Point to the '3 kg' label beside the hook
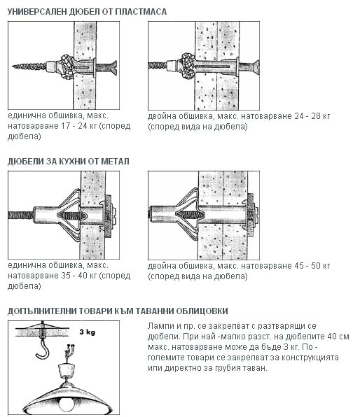[x=88, y=332]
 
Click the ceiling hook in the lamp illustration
[x=43, y=348]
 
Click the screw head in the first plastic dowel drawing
[x=114, y=68]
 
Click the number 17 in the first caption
[x=66, y=126]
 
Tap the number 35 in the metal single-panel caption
[x=66, y=276]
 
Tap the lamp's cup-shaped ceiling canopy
[x=67, y=370]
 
